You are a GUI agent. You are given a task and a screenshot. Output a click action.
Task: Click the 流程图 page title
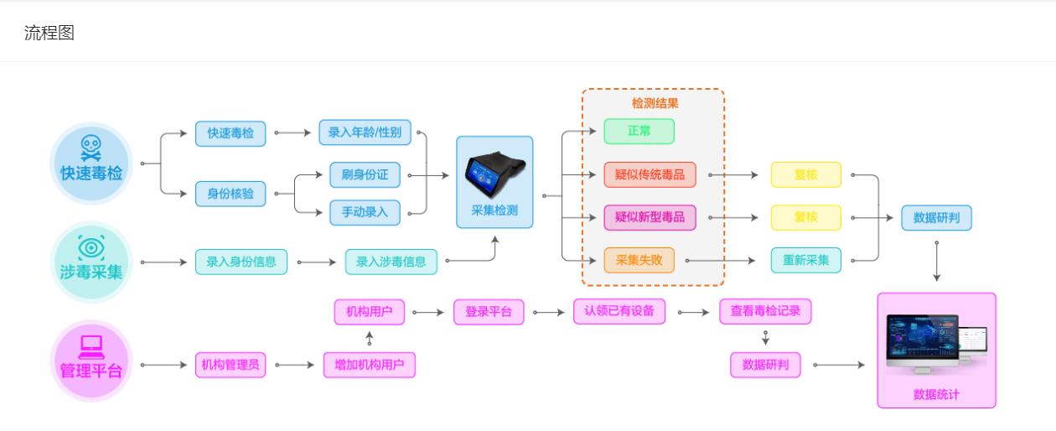pyautogui.click(x=49, y=33)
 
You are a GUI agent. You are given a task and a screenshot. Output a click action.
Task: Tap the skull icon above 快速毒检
pyautogui.click(x=91, y=148)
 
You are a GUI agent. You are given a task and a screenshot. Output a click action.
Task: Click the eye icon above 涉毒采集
pyautogui.click(x=91, y=247)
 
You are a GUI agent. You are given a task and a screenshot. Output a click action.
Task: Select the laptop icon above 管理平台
pyautogui.click(x=91, y=345)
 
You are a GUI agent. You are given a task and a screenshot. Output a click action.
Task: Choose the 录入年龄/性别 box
pyautogui.click(x=365, y=132)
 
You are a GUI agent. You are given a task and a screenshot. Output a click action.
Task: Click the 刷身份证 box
pyautogui.click(x=365, y=175)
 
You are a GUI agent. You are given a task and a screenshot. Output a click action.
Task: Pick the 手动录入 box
pyautogui.click(x=365, y=212)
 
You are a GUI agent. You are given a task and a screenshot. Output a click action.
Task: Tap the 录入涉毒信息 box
pyautogui.click(x=391, y=262)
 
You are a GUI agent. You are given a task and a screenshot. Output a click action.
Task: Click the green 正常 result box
pyautogui.click(x=639, y=132)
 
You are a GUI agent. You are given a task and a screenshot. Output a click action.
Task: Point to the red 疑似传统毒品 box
pyautogui.click(x=650, y=175)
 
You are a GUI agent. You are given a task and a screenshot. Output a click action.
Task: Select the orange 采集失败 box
pyautogui.click(x=639, y=261)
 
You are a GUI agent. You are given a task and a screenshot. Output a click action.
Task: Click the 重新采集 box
pyautogui.click(x=805, y=261)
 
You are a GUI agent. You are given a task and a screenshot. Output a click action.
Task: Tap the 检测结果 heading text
pyautogui.click(x=655, y=104)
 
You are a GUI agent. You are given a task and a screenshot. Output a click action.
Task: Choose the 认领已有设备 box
pyautogui.click(x=619, y=312)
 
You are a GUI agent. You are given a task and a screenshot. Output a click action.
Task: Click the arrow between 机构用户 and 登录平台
pyautogui.click(x=428, y=313)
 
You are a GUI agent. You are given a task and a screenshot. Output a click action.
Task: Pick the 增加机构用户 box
pyautogui.click(x=369, y=366)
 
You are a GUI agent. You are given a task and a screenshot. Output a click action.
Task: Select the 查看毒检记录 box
pyautogui.click(x=765, y=312)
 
